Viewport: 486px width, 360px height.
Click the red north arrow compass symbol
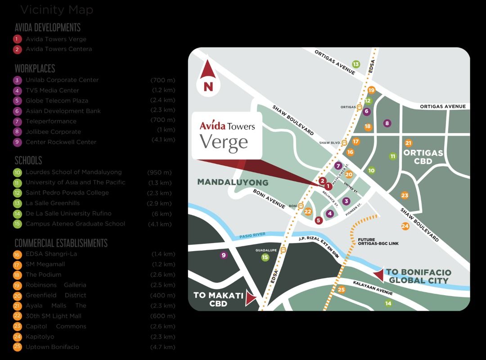pos(208,77)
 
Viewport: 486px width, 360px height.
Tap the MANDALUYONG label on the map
pos(233,183)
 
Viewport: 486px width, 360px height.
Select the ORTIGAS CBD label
pos(423,157)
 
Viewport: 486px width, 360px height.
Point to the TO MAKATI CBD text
pos(218,299)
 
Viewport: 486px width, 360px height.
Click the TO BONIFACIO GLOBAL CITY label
pos(418,276)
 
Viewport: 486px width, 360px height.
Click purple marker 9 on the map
pos(223,256)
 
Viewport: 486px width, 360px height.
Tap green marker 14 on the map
pos(388,304)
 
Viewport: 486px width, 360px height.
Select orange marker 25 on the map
pos(341,290)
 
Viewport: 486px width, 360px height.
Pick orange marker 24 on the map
pos(405,226)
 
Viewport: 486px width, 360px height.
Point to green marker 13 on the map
pos(356,64)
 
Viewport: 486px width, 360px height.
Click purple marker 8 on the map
pos(387,123)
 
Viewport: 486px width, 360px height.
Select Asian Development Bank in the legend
pos(63,111)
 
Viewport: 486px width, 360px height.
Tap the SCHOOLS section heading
pos(28,161)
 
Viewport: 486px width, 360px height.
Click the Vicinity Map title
pos(57,10)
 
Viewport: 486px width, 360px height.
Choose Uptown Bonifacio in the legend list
pos(52,347)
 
